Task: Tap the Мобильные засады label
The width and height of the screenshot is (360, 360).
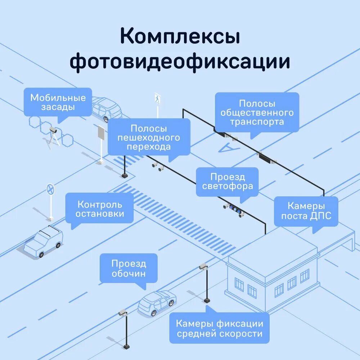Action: pyautogui.click(x=58, y=102)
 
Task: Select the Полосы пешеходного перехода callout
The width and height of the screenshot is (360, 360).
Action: pyautogui.click(x=149, y=138)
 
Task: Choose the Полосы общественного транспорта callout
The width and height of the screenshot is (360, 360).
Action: pyautogui.click(x=257, y=112)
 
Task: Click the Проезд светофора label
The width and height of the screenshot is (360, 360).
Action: pyautogui.click(x=227, y=182)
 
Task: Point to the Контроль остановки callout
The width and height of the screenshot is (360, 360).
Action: pyautogui.click(x=100, y=209)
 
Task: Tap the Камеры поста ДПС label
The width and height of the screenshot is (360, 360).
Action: pyautogui.click(x=306, y=211)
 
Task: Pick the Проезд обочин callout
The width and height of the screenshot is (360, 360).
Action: pyautogui.click(x=129, y=268)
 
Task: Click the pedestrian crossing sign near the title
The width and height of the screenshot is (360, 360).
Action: pyautogui.click(x=157, y=98)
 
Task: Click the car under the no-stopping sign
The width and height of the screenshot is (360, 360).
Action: pyautogui.click(x=44, y=241)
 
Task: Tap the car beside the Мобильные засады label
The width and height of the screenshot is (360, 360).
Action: pyautogui.click(x=106, y=109)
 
